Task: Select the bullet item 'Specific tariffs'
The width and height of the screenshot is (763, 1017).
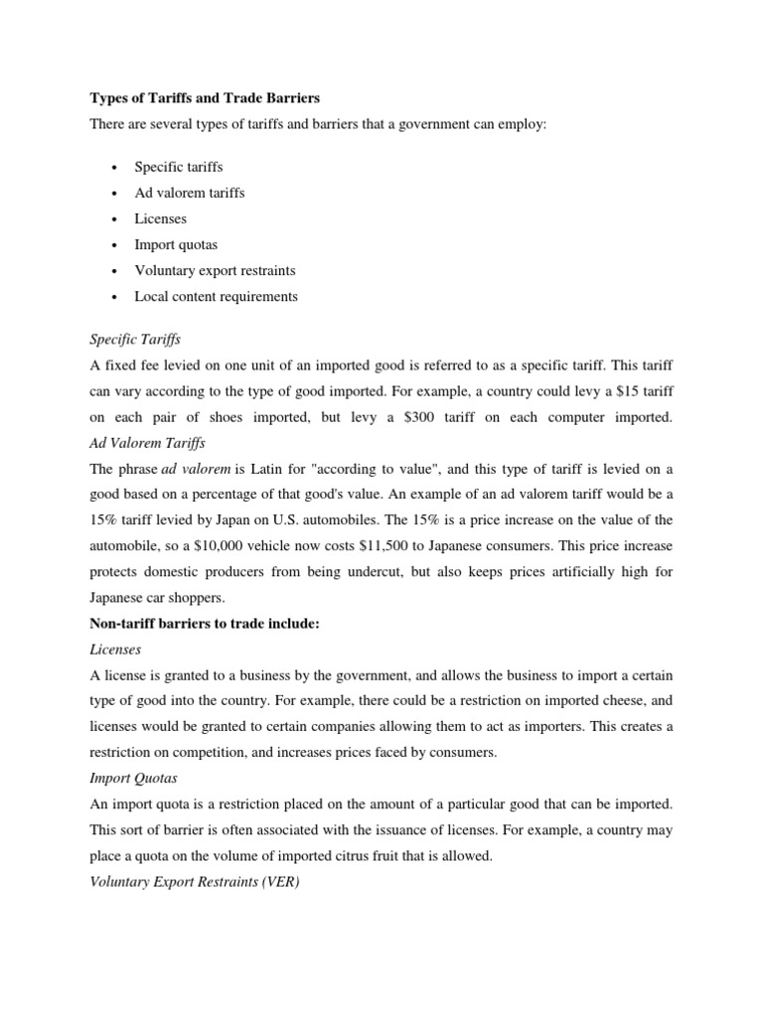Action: click(x=179, y=166)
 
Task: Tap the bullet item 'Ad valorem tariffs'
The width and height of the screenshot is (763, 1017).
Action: click(x=189, y=192)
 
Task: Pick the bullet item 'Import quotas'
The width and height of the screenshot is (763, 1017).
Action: click(x=176, y=244)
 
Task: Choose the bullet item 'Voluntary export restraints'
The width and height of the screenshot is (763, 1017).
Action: click(x=215, y=270)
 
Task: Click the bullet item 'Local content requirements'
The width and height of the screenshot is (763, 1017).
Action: click(x=216, y=296)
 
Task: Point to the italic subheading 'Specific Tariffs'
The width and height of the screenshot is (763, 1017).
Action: click(x=135, y=340)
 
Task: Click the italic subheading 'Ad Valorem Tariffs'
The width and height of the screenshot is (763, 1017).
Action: click(x=147, y=443)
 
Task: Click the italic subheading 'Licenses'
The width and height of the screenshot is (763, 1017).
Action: click(x=115, y=650)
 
